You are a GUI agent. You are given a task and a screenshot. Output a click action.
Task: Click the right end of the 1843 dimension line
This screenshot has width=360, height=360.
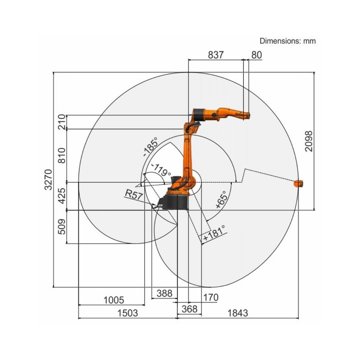click(x=298, y=318)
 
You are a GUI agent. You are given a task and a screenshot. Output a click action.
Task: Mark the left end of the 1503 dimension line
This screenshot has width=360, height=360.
click(x=79, y=318)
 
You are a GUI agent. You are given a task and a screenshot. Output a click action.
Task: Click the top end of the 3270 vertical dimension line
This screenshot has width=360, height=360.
click(x=53, y=72)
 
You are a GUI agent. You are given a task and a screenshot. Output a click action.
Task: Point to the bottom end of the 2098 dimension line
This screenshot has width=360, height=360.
click(x=314, y=210)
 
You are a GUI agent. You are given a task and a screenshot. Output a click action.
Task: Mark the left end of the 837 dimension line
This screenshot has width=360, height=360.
click(x=188, y=60)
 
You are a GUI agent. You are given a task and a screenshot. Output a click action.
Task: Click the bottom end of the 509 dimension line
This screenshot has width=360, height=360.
click(x=67, y=243)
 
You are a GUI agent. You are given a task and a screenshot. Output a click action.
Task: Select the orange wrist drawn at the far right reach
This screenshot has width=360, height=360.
click(x=298, y=184)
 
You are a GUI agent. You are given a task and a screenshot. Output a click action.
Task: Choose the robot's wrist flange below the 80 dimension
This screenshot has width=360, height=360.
click(x=247, y=115)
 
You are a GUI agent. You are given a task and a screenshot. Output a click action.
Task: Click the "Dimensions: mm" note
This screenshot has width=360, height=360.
click(x=288, y=41)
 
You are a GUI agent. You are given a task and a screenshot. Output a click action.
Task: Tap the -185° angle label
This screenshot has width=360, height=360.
click(x=151, y=147)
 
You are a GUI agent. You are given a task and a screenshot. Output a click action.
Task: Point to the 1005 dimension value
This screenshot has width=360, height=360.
click(x=114, y=300)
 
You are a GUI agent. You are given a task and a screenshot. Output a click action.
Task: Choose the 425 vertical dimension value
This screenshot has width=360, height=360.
click(x=62, y=196)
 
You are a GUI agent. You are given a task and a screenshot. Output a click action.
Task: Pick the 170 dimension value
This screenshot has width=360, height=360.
click(x=211, y=298)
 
